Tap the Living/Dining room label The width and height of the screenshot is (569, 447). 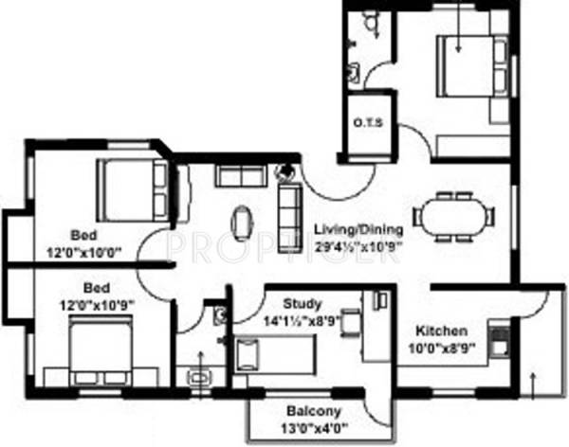[358, 229]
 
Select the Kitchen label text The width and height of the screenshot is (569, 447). [441, 331]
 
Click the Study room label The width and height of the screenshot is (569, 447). [303, 304]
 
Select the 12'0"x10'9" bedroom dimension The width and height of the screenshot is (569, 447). [94, 303]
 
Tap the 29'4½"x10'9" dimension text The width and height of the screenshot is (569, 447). [358, 244]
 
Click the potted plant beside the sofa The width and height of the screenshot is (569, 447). [284, 173]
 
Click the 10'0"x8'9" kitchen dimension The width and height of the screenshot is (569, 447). [441, 348]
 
